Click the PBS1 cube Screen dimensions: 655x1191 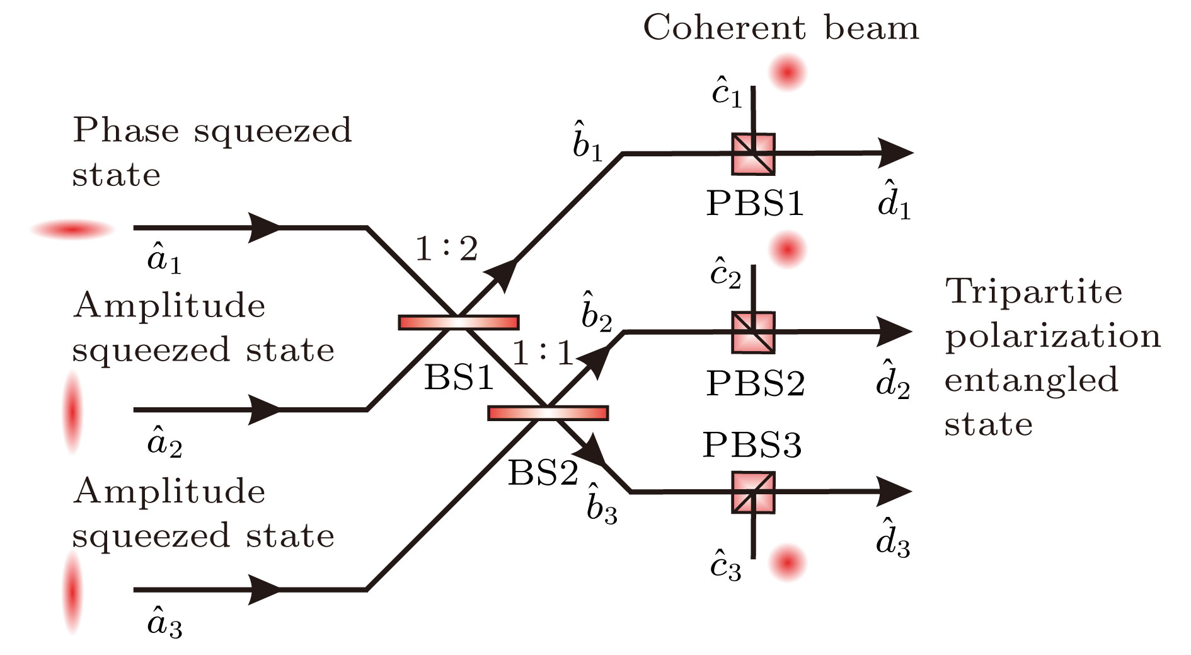pos(753,154)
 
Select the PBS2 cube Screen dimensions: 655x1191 pos(753,332)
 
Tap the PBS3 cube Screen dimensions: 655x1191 pos(753,492)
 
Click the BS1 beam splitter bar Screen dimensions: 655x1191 pos(459,322)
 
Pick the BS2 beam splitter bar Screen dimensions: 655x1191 pos(548,413)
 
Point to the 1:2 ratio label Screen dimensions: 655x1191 pos(446,249)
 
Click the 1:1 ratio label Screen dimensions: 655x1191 pos(543,353)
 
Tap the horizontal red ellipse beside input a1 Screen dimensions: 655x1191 pos(73,230)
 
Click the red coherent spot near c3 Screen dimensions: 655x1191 pos(788,562)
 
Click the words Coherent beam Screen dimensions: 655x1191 pos(781,28)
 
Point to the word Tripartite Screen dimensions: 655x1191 pos(1033,292)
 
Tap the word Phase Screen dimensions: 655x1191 pos(126,131)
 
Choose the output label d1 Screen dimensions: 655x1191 pos(894,201)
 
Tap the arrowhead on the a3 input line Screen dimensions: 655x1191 pos(265,590)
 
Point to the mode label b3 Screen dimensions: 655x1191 pos(601,506)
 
